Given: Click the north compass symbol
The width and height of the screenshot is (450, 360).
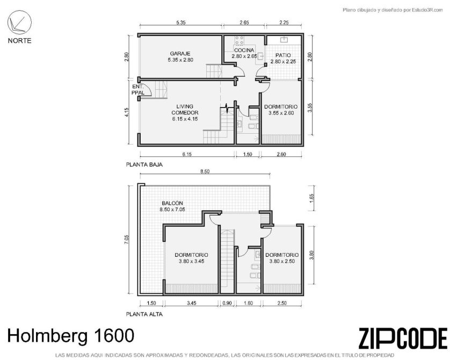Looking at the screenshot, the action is [19, 23].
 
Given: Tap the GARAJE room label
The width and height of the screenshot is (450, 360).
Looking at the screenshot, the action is [180, 56].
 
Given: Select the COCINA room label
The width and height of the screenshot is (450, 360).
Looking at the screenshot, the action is [244, 53].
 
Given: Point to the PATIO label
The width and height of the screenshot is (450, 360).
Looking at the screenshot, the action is [283, 58].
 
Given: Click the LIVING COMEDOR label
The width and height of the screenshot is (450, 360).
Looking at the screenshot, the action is [185, 112].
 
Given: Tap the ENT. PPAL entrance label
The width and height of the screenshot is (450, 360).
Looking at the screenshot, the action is [138, 90].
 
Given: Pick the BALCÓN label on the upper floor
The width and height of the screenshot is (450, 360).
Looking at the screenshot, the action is [172, 206].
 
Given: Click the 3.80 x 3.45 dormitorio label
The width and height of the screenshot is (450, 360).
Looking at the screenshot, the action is [191, 258].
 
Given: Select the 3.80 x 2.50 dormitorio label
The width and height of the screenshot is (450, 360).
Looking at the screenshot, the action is [282, 258].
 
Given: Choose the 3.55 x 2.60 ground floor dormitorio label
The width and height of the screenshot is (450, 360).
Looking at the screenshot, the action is [281, 110].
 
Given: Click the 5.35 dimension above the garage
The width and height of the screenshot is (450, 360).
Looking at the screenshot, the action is [181, 23].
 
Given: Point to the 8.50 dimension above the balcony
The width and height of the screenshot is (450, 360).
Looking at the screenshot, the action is [205, 171].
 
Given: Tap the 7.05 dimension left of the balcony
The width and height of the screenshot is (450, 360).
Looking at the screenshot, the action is [127, 240].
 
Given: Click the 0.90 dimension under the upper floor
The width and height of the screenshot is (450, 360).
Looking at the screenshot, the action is [227, 303].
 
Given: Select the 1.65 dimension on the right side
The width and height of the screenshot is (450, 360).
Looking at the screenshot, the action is [312, 198].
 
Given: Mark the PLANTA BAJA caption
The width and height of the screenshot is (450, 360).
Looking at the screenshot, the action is [144, 164].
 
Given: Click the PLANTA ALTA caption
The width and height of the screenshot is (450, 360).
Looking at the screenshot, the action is [144, 314].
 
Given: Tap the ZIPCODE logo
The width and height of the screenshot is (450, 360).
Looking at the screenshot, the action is [403, 338].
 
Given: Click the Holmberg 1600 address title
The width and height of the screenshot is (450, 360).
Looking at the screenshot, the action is [70, 336].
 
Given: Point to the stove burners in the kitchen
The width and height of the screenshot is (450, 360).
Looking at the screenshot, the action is [239, 40].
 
